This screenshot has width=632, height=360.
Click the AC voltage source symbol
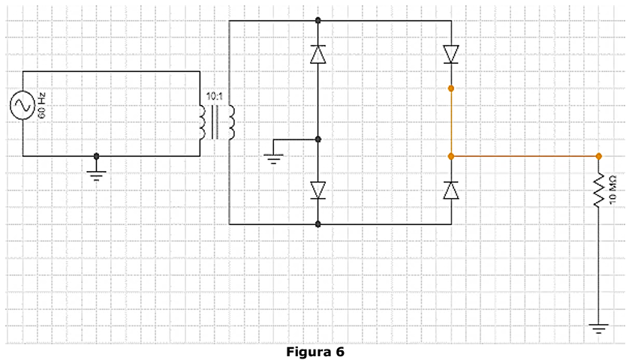(23, 106)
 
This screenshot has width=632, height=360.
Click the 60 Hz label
(42, 106)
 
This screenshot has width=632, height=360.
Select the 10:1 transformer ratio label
(214, 97)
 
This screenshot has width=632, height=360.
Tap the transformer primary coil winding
(203, 122)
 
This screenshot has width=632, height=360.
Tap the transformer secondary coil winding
(232, 122)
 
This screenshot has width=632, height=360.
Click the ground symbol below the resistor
(598, 328)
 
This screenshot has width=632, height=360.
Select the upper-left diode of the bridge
(318, 54)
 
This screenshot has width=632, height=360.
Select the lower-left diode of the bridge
(318, 190)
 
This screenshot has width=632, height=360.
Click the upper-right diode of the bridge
(451, 54)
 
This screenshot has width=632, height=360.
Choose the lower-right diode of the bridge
(451, 190)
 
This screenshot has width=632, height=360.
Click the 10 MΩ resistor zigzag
(598, 190)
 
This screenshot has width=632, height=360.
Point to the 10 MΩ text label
(612, 190)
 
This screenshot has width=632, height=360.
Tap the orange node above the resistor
(598, 156)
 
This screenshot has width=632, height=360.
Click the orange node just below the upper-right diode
(451, 88)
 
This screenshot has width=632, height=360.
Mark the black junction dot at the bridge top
(318, 20)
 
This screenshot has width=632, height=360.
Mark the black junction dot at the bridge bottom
(318, 224)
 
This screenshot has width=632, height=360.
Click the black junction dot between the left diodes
(318, 139)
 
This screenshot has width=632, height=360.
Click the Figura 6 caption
(315, 352)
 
